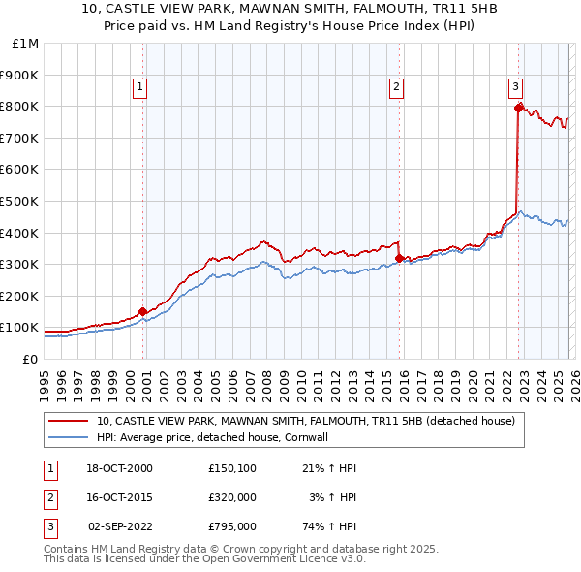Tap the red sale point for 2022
click(x=519, y=107)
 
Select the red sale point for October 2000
click(x=143, y=311)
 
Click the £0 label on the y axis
click(x=29, y=359)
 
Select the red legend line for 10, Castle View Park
click(x=69, y=421)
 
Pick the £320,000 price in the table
click(x=231, y=497)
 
